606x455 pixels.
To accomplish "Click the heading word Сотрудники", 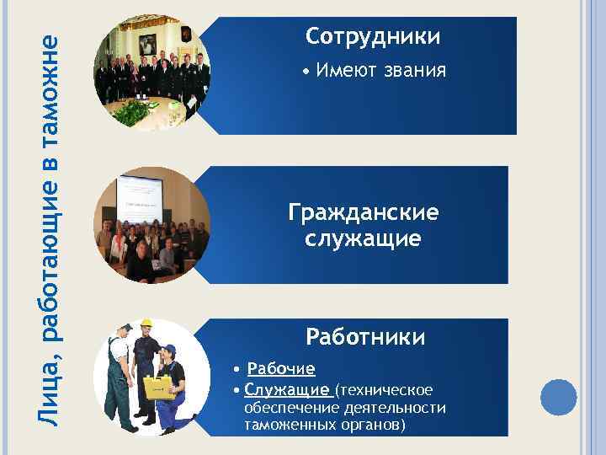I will (x=373, y=37).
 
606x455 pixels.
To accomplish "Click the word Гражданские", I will (x=363, y=212).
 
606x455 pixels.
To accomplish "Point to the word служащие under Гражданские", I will (x=363, y=239).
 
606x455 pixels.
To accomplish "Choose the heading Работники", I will (x=365, y=338).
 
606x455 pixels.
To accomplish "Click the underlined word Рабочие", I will (x=281, y=369).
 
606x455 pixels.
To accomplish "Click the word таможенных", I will (x=286, y=425).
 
